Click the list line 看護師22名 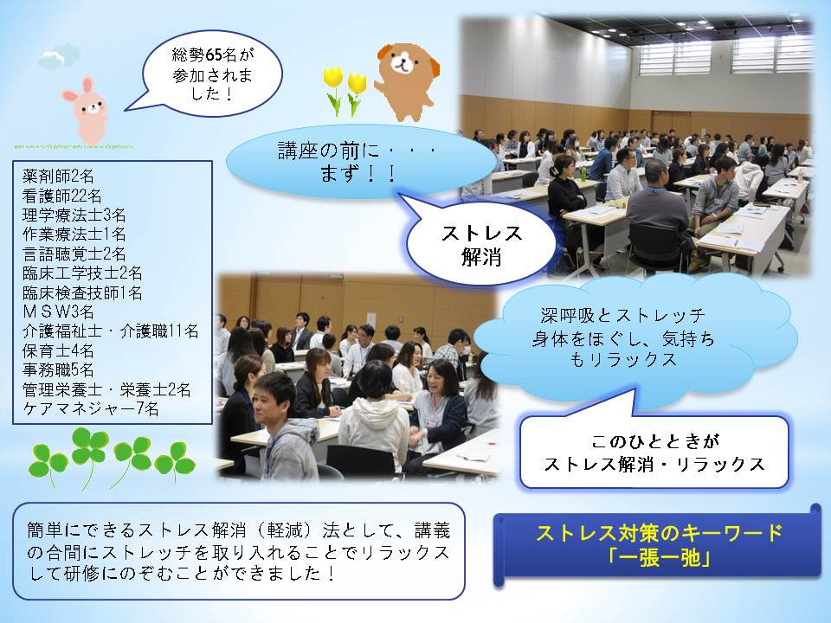(62, 196)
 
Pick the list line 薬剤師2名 (58, 176)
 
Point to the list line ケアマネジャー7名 (91, 408)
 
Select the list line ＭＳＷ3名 (58, 311)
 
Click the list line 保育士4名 (58, 350)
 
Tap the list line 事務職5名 (58, 369)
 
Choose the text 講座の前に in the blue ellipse (329, 151)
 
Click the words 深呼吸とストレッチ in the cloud (622, 317)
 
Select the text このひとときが (655, 440)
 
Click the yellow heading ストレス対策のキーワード (659, 533)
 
